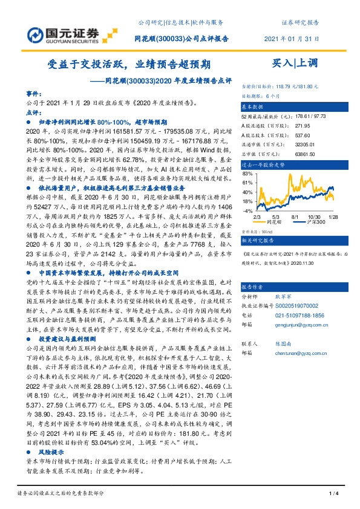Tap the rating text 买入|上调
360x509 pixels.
point(292,63)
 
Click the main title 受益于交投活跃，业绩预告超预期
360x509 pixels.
point(129,63)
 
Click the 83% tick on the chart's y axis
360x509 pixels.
point(247,172)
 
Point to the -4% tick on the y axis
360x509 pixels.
point(247,210)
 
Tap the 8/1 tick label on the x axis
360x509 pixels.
point(295,216)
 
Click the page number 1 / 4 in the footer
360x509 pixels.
point(332,494)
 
